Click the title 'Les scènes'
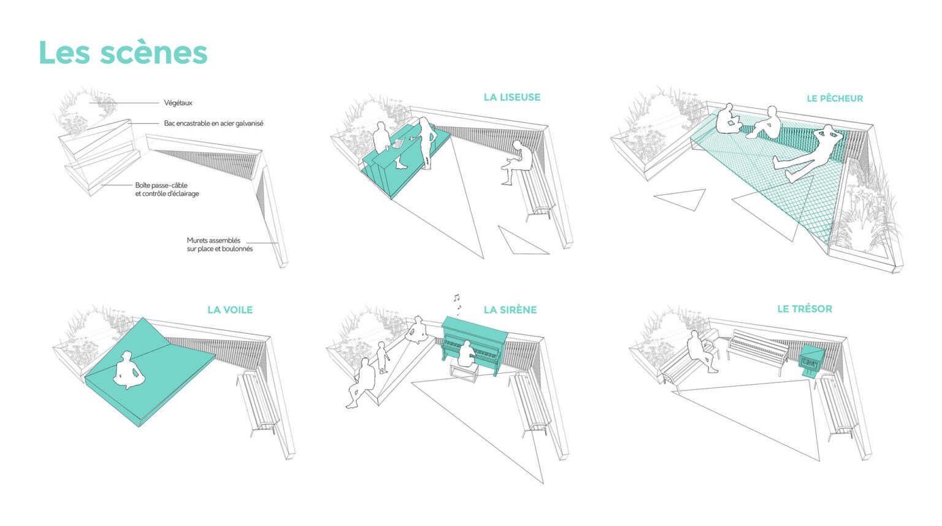(123, 53)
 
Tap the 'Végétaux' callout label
(178, 103)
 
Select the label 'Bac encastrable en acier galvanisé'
(213, 123)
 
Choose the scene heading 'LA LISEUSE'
(511, 97)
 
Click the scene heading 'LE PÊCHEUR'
(834, 98)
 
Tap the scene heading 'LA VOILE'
(229, 310)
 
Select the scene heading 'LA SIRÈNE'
(510, 310)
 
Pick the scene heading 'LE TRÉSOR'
(804, 309)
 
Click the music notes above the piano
(456, 301)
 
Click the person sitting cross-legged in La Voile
(128, 370)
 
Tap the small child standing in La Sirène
(382, 357)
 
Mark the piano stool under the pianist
(464, 373)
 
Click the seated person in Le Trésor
(702, 350)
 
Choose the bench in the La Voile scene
(258, 402)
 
